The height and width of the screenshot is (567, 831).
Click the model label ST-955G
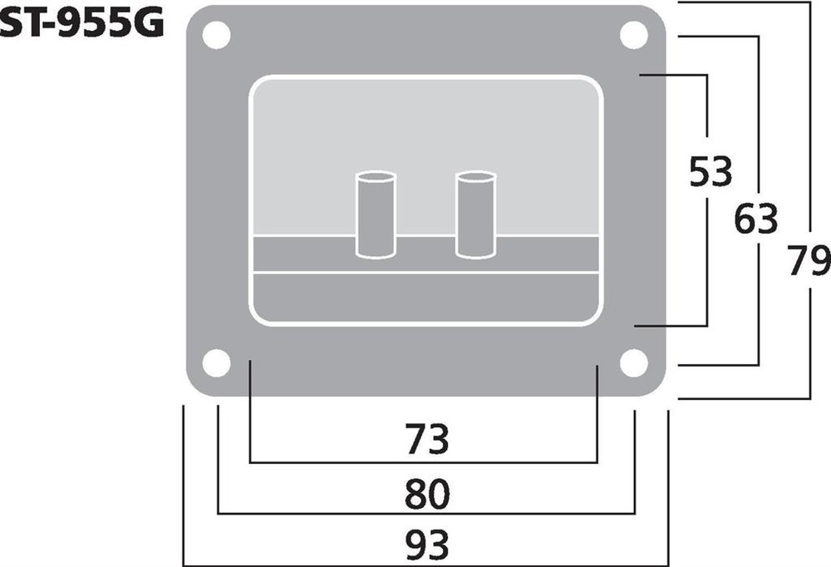point(81,26)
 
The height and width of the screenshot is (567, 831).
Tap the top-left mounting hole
point(216,35)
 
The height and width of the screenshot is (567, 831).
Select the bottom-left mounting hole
point(216,363)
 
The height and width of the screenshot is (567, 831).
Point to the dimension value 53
point(711,172)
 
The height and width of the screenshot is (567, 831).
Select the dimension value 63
point(756,219)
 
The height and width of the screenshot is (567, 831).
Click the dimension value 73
point(426,439)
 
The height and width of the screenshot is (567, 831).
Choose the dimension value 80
point(426,495)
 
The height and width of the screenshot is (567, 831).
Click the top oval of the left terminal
point(376,177)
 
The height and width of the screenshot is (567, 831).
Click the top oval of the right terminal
point(476,177)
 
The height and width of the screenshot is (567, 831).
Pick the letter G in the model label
point(145,26)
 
